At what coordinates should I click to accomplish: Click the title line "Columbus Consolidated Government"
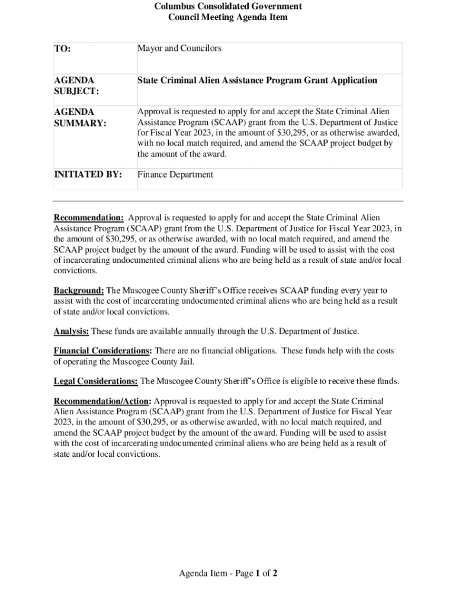(x=228, y=7)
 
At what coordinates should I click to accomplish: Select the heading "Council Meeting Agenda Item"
(x=228, y=17)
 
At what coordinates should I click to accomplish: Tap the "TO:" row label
(x=63, y=49)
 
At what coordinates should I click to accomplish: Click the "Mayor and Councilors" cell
(x=179, y=48)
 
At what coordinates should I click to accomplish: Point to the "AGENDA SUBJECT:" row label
(x=76, y=86)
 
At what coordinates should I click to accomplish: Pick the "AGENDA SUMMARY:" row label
(x=80, y=117)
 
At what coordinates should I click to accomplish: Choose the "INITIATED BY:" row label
(x=88, y=175)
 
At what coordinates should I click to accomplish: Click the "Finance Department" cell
(x=175, y=175)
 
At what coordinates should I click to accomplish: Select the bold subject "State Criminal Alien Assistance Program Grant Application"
(x=257, y=80)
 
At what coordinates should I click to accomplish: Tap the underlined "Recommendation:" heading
(x=89, y=218)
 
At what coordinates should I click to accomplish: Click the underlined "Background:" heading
(x=79, y=291)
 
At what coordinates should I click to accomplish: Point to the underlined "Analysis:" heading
(x=71, y=331)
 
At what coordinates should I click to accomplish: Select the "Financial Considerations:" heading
(x=102, y=351)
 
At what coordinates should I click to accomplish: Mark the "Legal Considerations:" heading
(x=96, y=382)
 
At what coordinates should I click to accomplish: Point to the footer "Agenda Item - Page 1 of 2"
(x=228, y=573)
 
